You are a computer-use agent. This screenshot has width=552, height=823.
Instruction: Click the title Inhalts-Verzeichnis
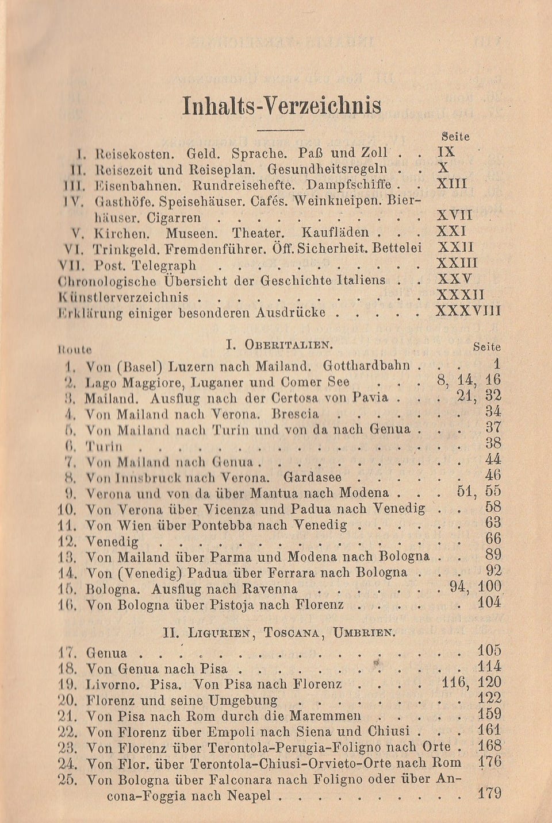click(x=281, y=106)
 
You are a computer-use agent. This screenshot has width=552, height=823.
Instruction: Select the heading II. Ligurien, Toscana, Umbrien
click(x=279, y=633)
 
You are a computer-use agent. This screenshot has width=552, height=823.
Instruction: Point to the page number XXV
click(x=454, y=280)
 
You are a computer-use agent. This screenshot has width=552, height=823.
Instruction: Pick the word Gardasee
click(x=313, y=477)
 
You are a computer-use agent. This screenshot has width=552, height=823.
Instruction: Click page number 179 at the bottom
click(x=489, y=794)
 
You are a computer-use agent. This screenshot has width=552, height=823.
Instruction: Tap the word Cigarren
click(x=174, y=218)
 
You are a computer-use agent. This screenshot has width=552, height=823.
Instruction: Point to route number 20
click(x=68, y=700)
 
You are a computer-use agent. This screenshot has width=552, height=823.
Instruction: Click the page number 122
click(x=489, y=699)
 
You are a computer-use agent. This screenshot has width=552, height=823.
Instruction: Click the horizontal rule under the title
click(x=280, y=131)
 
